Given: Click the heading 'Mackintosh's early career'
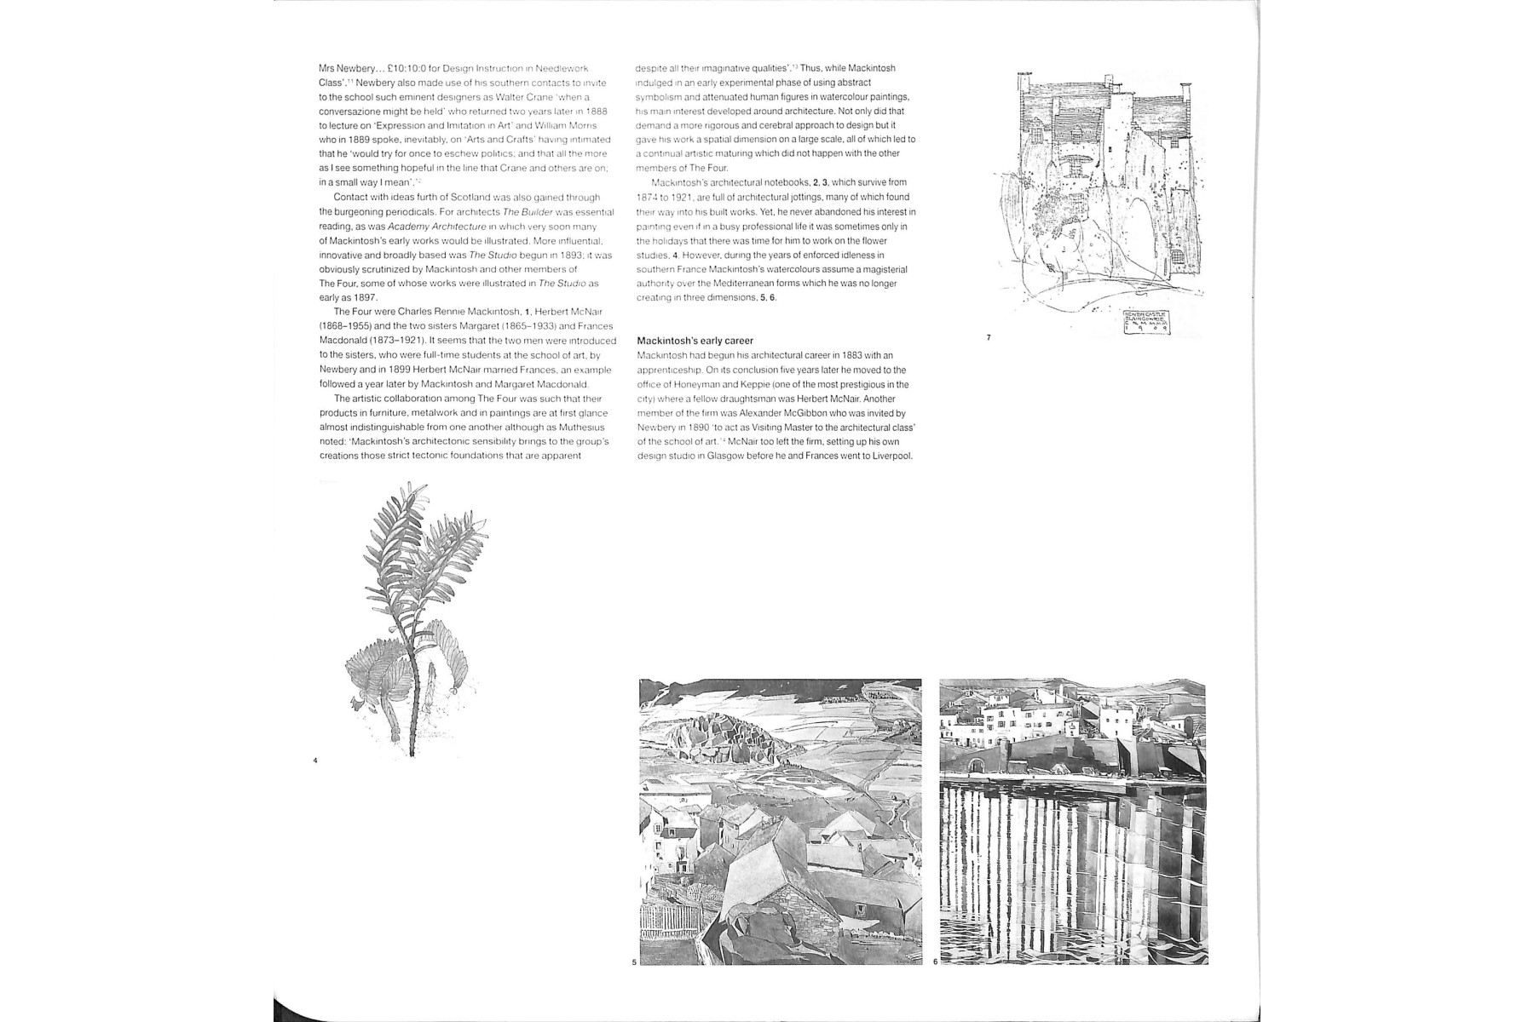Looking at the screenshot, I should (x=695, y=341).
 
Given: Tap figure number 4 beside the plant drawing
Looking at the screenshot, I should (x=315, y=760).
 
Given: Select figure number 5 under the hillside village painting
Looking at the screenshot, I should (x=634, y=962).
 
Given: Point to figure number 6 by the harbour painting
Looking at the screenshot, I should (x=935, y=962).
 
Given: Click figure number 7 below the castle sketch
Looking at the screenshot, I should (x=989, y=338).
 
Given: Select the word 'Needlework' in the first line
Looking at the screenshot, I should (x=564, y=68).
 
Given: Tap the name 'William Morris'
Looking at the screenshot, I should (x=567, y=125).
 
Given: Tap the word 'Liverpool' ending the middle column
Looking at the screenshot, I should (x=892, y=456).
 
